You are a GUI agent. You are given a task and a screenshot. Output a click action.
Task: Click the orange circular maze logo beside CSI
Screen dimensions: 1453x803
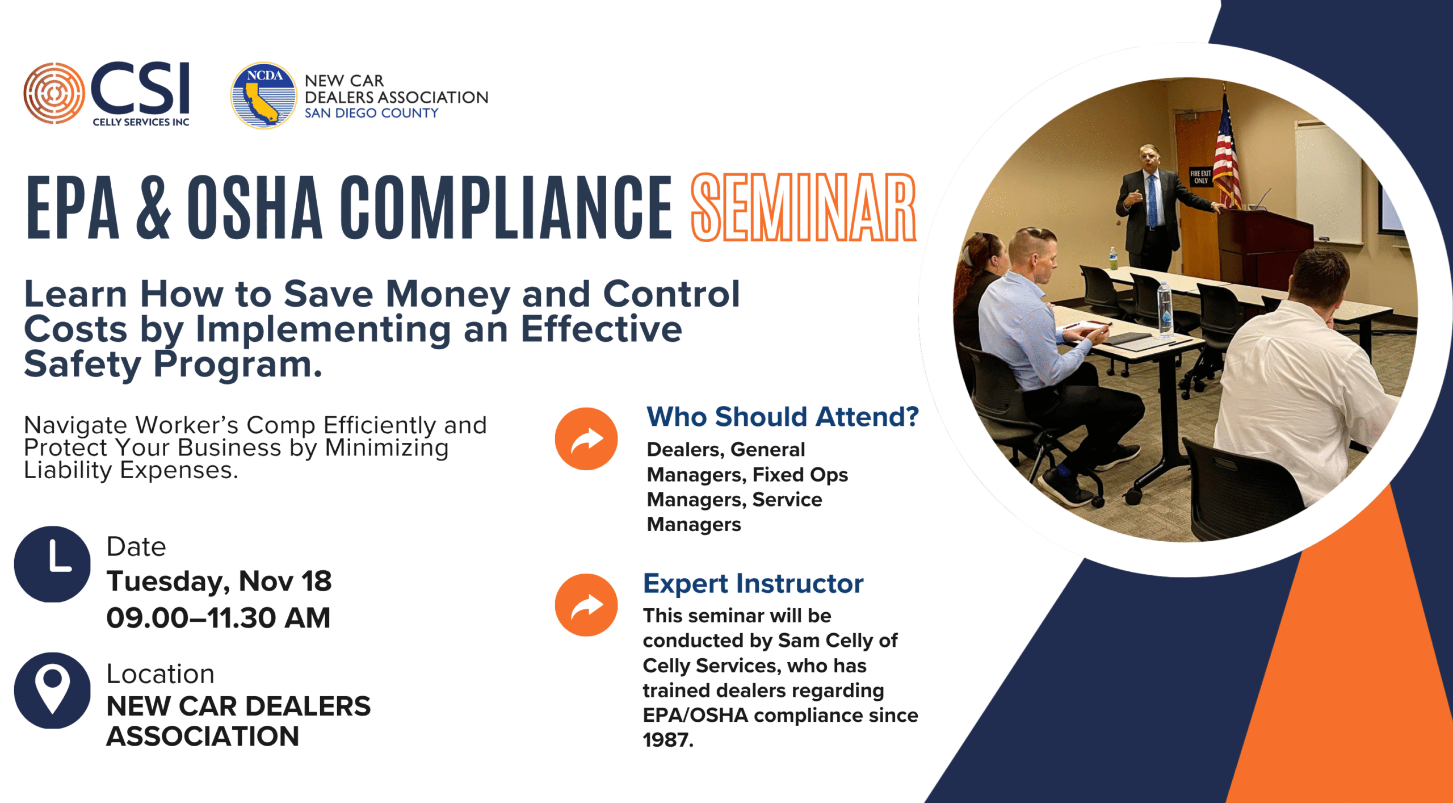point(54,93)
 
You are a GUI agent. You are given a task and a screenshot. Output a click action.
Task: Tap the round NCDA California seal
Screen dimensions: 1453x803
point(263,95)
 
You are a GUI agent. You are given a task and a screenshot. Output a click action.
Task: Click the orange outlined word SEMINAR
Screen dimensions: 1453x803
point(803,208)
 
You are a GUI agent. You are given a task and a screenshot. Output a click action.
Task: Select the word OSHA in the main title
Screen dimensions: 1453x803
point(255,208)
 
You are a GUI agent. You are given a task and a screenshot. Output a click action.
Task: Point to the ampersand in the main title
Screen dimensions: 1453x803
point(153,208)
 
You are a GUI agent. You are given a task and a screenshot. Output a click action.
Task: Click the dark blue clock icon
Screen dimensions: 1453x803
point(52,564)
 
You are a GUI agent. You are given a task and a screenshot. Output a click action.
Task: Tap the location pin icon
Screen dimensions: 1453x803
point(52,691)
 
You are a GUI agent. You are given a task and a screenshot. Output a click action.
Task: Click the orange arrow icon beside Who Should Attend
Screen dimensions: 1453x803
point(586,439)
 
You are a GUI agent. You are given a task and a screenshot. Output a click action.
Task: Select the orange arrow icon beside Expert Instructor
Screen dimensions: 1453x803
point(586,605)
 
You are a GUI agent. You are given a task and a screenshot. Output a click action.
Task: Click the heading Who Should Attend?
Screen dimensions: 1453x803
point(783,417)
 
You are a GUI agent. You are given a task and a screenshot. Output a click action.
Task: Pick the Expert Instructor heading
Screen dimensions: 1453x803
point(753,584)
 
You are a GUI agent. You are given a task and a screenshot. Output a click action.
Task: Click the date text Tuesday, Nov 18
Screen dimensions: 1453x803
point(219,582)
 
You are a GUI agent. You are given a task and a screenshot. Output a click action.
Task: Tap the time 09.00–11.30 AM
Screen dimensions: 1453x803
point(219,618)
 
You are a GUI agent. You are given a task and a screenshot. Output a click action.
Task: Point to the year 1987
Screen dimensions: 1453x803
point(668,740)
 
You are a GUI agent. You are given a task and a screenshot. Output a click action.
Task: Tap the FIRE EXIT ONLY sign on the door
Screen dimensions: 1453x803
point(1200,177)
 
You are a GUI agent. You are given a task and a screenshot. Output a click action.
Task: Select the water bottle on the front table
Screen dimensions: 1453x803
point(1165,310)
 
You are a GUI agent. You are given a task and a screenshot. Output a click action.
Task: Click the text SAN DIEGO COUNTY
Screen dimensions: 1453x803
point(372,113)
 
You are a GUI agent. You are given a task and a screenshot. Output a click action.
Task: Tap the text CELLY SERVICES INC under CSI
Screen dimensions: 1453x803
point(141,122)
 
